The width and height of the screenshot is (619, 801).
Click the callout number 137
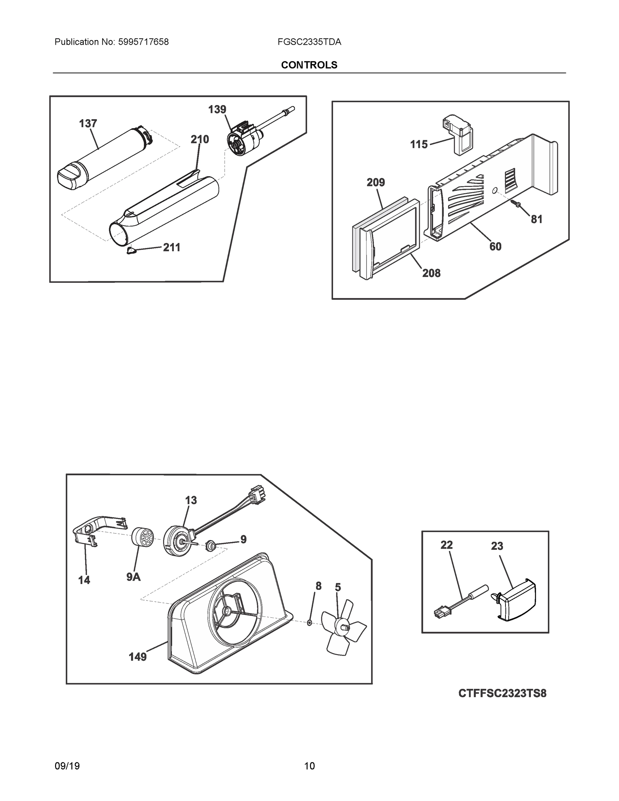coord(88,123)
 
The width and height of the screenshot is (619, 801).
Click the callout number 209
coord(375,182)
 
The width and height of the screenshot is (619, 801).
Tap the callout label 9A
coord(133,577)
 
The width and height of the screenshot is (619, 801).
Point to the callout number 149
coord(137,657)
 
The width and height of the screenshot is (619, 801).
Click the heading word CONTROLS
coord(309,65)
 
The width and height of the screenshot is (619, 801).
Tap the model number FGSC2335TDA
coord(309,42)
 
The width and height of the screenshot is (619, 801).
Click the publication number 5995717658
coord(143,42)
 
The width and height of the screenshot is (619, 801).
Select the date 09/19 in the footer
coord(67,766)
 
